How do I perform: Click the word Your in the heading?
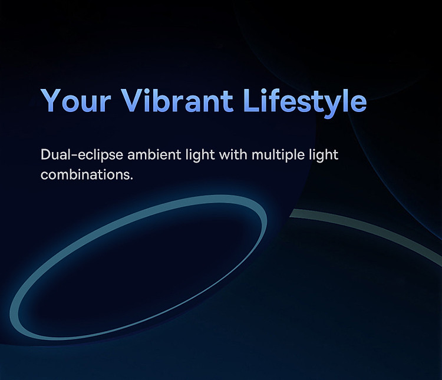pyautogui.click(x=76, y=101)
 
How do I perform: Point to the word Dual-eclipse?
pyautogui.click(x=82, y=156)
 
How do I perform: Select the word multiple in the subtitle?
pyautogui.click(x=278, y=156)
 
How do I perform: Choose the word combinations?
pyautogui.click(x=85, y=174)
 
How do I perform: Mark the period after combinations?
pyautogui.click(x=131, y=179)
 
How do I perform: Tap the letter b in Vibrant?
pyautogui.click(x=166, y=100)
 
